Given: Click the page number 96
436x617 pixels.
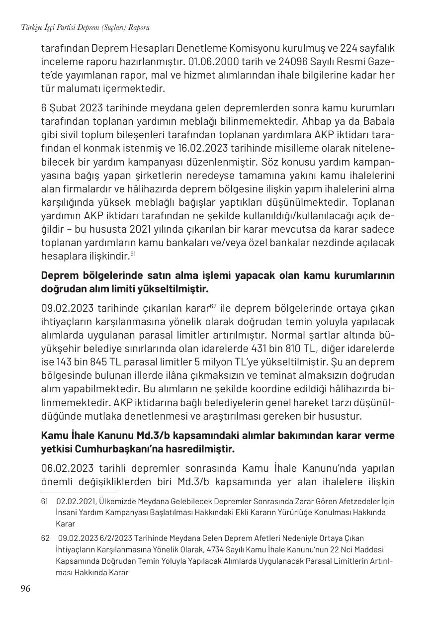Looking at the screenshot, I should pos(25,589).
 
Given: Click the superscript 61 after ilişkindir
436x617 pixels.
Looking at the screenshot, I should pos(133,254).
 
